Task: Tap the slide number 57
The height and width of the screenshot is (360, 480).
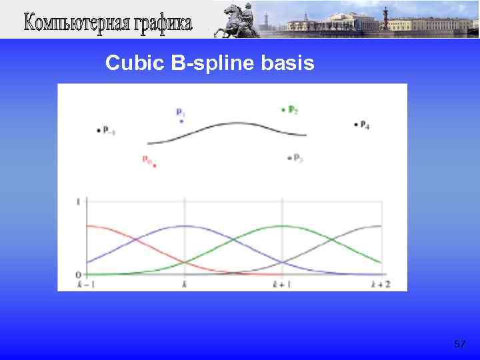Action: click(459, 344)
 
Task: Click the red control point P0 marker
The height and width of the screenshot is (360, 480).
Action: click(154, 166)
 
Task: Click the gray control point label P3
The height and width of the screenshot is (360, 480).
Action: click(298, 158)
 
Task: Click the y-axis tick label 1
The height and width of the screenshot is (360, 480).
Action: click(79, 201)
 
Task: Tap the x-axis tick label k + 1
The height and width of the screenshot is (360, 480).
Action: click(282, 285)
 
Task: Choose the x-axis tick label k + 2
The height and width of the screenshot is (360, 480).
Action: click(380, 285)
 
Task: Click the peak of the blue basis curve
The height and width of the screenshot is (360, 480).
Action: click(185, 225)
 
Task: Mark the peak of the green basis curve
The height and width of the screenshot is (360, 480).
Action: click(282, 225)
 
